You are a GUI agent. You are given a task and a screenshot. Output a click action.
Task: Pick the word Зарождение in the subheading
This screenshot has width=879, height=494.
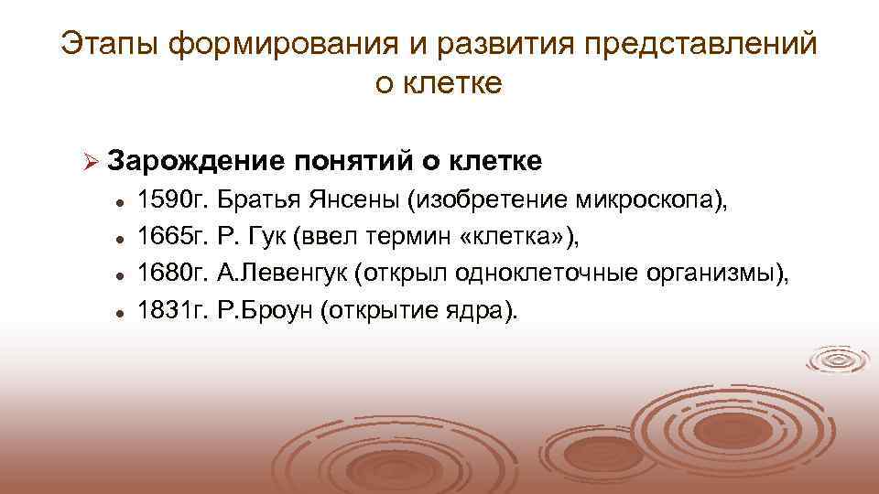coord(197,161)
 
